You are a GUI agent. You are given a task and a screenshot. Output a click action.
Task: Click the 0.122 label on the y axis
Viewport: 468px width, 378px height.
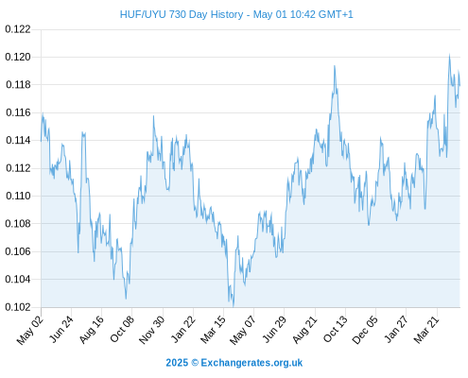18,29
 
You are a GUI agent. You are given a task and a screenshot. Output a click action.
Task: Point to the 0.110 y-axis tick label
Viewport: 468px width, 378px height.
18,196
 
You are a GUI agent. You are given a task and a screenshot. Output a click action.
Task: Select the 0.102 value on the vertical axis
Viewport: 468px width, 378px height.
18,307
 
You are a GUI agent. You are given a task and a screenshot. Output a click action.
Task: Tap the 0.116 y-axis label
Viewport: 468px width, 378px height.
18,112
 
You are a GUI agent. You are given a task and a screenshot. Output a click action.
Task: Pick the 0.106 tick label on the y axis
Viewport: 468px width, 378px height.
18,251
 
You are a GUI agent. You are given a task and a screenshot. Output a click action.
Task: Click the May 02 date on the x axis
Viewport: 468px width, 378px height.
30,330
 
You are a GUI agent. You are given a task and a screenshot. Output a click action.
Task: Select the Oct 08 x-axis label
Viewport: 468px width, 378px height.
122,328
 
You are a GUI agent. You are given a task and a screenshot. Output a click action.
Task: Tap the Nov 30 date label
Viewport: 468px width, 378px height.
151,329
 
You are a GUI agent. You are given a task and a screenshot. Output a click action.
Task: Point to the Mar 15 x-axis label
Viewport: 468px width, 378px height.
214,329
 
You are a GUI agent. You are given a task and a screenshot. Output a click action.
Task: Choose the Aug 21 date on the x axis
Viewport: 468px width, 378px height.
304,329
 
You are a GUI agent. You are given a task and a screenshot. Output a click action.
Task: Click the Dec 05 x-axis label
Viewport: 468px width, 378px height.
365,329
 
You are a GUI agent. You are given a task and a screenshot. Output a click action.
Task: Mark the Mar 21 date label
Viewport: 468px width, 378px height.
426,329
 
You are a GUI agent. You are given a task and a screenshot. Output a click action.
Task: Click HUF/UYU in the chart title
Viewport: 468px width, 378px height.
143,14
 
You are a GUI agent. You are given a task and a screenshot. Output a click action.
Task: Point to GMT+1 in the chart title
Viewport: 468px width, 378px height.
336,14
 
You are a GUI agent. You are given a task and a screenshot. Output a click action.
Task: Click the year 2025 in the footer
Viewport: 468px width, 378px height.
177,363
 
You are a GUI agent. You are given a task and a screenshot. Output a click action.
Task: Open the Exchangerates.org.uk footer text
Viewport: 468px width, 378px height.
251,363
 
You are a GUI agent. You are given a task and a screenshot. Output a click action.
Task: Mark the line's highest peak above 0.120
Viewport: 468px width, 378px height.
449,55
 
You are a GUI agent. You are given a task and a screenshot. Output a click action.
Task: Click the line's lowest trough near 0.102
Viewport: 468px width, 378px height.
234,306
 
